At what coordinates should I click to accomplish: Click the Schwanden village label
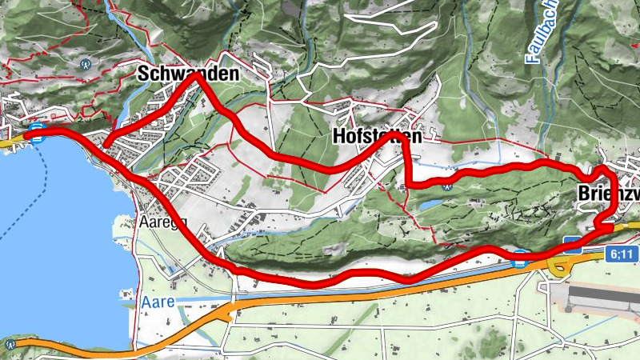tap(188, 74)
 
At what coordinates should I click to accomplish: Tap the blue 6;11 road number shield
tap(622, 254)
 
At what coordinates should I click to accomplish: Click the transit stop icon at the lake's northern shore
tap(35, 129)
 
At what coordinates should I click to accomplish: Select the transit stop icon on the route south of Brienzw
tap(519, 258)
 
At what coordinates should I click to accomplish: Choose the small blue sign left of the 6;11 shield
tap(571, 242)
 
